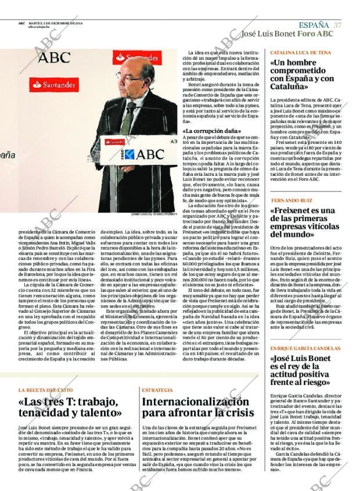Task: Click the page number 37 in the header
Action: (337, 25)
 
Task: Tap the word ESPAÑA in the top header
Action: (314, 25)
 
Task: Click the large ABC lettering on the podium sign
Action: (145, 154)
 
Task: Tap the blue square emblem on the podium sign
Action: (130, 154)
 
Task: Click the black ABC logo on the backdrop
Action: (54, 57)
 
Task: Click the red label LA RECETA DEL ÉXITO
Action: (46, 390)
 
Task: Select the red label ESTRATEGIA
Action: (157, 390)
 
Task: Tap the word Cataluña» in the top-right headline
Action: (289, 86)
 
